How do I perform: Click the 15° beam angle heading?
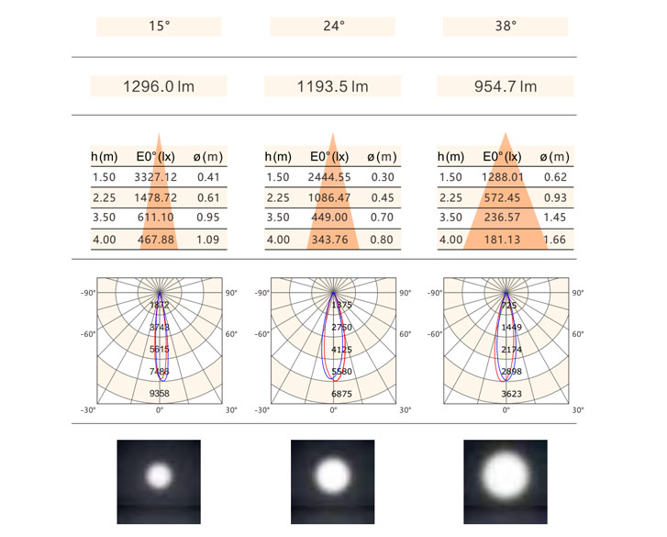coord(159,27)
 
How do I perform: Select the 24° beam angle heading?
coord(332,27)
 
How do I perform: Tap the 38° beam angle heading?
coord(506,27)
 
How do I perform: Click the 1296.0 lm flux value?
coord(159,87)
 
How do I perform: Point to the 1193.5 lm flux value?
coord(332,87)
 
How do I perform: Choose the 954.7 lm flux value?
coord(506,87)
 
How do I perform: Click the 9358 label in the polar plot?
coord(160,393)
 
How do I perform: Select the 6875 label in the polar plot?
coord(333,393)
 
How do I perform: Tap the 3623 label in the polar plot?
coord(506,393)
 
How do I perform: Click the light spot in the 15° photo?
coord(159,474)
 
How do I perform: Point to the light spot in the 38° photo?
coord(506,474)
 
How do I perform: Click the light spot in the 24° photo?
coord(332,475)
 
